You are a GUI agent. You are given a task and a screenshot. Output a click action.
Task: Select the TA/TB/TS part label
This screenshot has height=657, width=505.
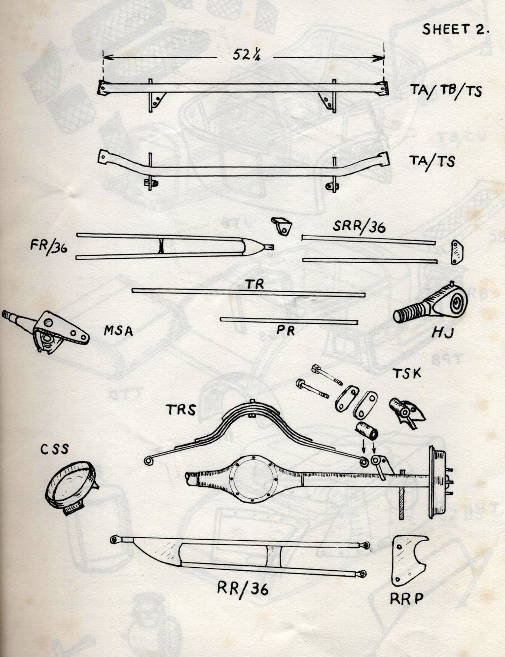pos(445,91)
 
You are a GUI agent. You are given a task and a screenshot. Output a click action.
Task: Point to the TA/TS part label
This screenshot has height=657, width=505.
pos(432,161)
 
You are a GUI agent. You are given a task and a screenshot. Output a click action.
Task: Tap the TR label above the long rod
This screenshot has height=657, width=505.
pos(255,284)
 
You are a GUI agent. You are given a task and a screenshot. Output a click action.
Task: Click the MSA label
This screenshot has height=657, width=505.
pos(118,331)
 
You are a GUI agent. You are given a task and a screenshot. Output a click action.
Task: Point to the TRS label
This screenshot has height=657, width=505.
pos(180,410)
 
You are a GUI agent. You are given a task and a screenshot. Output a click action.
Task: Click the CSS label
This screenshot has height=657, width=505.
pos(55,449)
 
